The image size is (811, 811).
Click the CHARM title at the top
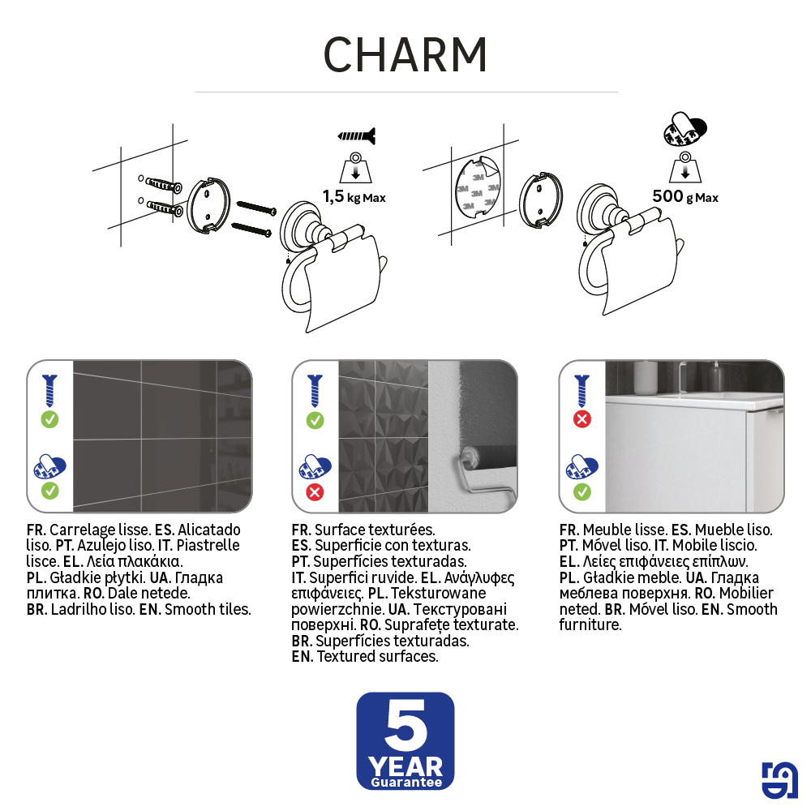point(405,55)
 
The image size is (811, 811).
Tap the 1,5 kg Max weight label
point(354,197)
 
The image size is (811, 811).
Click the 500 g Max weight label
point(685,196)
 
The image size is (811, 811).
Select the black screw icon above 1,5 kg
point(357,135)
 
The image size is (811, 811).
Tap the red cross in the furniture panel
point(582,419)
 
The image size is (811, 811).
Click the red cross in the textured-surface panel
point(315,491)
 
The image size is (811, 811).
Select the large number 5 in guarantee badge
point(405,727)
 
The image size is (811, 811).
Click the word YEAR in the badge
point(405,766)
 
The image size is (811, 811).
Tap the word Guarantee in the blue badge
point(405,783)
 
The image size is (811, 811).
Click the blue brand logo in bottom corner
point(779,780)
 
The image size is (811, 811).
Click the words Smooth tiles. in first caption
point(208,609)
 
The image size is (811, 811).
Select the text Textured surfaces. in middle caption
point(377,656)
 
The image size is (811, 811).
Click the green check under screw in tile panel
point(49,419)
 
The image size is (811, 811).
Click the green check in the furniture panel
point(582,491)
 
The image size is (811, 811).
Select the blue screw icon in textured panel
point(315,390)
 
